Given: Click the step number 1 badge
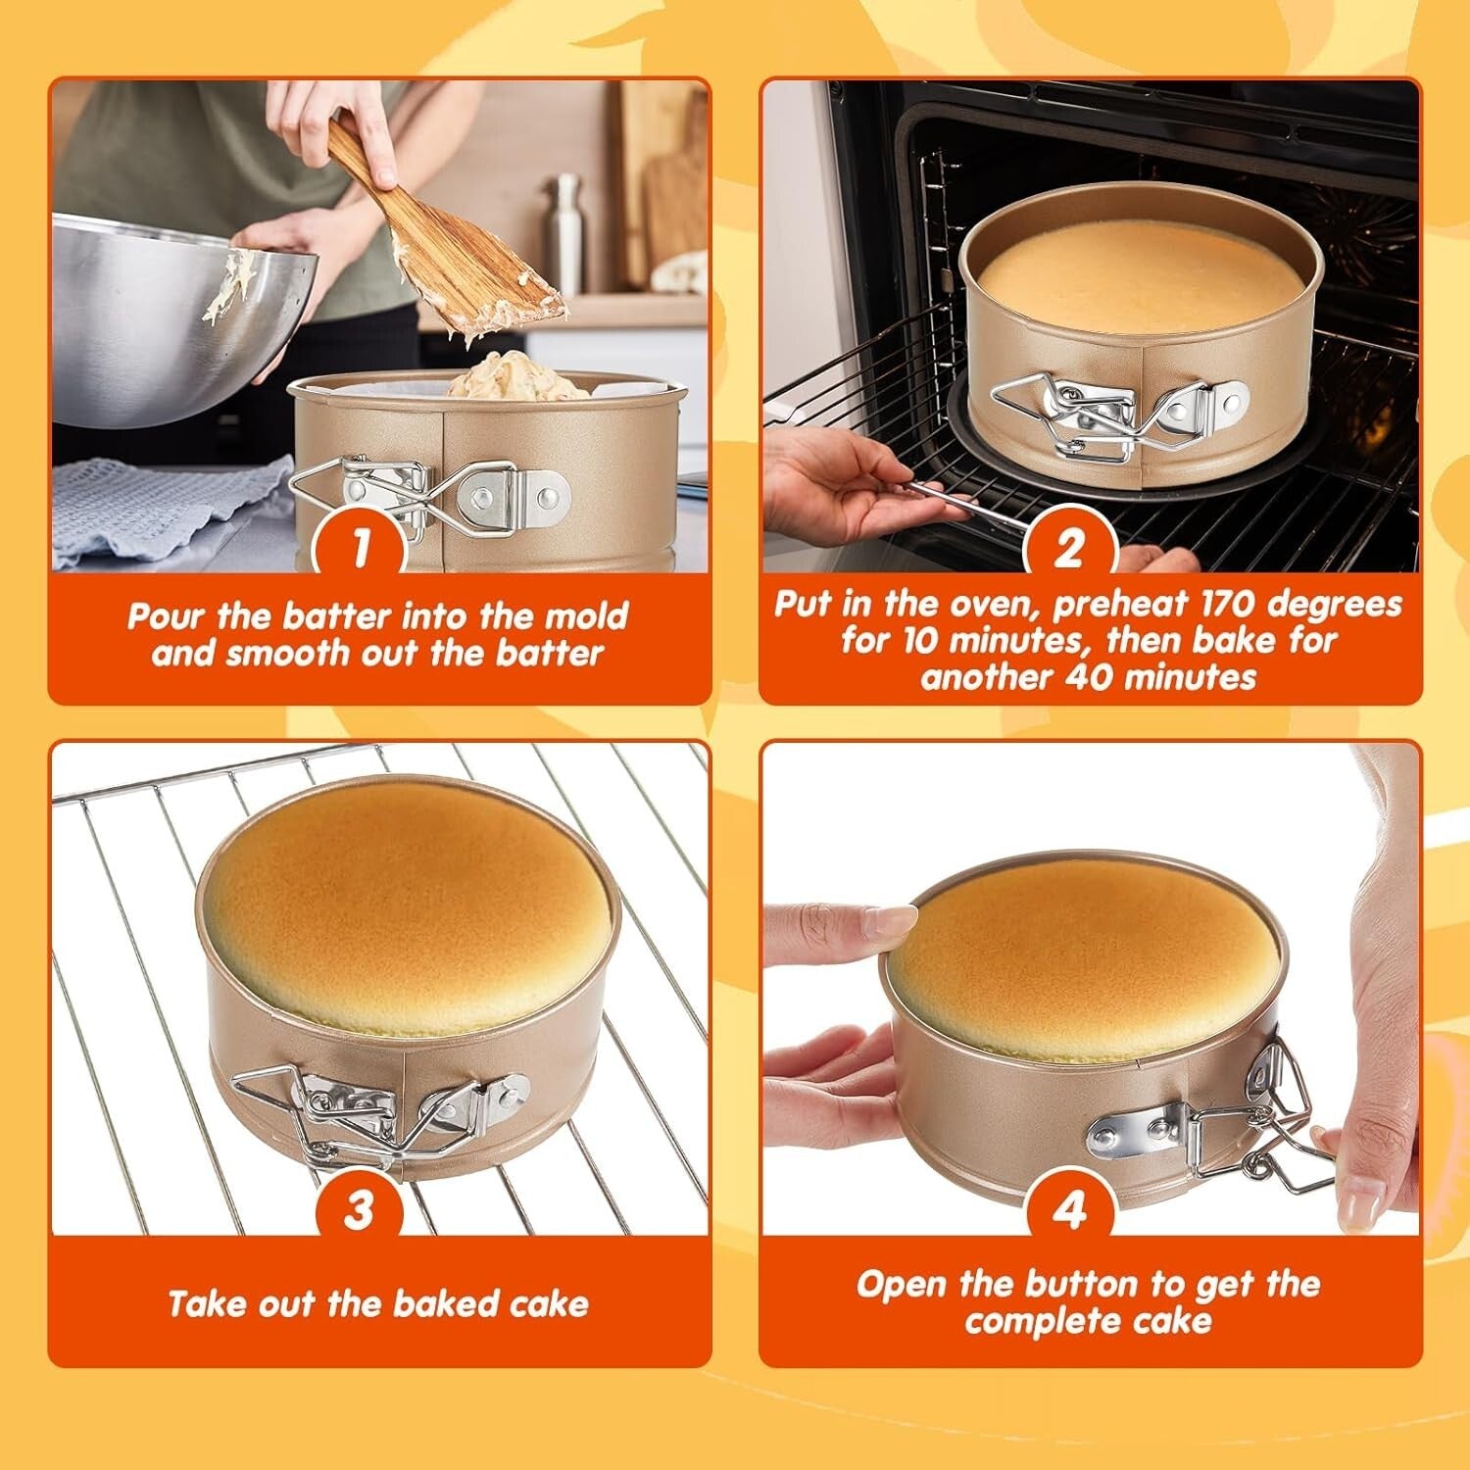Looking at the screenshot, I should click(361, 546).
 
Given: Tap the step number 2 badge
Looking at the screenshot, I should click(1069, 546).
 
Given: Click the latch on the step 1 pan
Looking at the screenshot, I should click(431, 496).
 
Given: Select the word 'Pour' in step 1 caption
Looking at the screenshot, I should click(168, 616).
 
